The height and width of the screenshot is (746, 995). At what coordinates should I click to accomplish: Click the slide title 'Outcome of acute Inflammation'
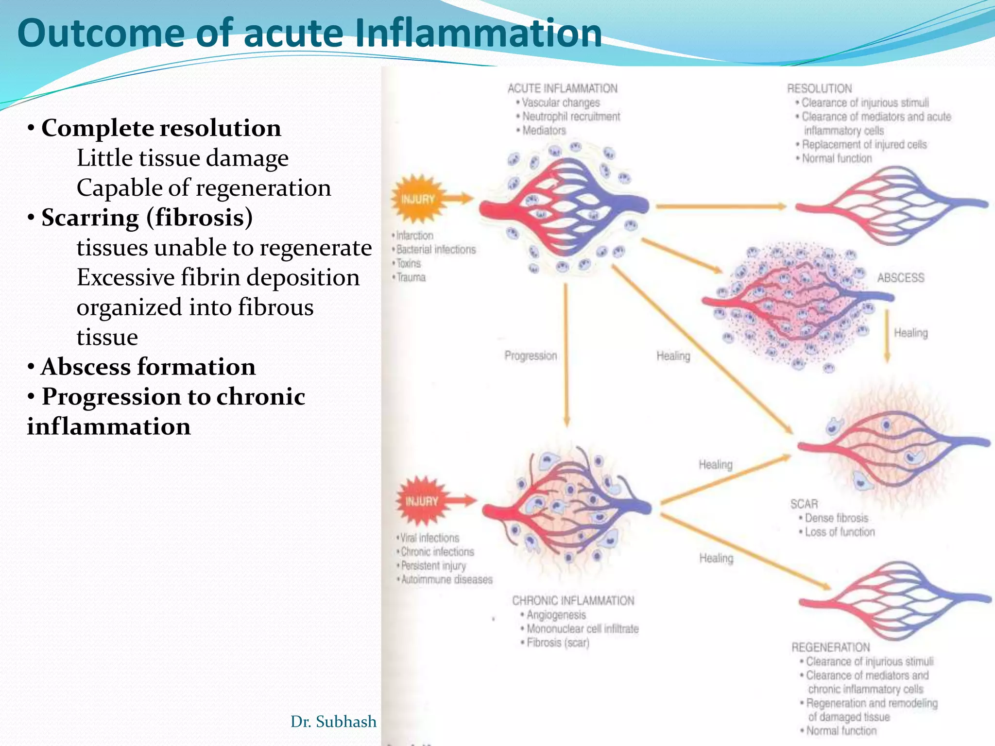(x=309, y=33)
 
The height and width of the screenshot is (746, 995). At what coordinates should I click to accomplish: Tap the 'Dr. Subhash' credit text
(x=333, y=722)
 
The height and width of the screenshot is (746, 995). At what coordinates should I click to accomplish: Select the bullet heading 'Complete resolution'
(x=161, y=128)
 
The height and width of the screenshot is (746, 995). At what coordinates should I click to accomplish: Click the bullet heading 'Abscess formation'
(x=148, y=367)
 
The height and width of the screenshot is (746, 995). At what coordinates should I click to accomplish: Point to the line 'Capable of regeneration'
(x=204, y=188)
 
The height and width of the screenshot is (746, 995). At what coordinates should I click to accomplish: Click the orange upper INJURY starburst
(x=418, y=199)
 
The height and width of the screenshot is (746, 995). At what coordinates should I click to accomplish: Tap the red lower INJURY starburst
(x=422, y=501)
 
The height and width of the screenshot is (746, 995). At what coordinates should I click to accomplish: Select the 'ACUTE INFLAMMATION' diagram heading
(x=562, y=88)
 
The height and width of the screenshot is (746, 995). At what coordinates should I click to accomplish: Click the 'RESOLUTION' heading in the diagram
(x=819, y=88)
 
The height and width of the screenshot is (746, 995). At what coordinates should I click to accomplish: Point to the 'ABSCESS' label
(x=900, y=278)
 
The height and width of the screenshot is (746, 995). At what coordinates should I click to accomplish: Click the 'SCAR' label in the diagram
(x=804, y=504)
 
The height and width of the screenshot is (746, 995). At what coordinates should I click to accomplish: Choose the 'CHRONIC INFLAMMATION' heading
(x=573, y=601)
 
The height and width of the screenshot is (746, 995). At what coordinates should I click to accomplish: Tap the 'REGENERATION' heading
(x=830, y=647)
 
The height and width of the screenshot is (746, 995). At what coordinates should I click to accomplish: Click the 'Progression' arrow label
(x=531, y=356)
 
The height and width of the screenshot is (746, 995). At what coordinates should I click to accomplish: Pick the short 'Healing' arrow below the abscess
(x=887, y=336)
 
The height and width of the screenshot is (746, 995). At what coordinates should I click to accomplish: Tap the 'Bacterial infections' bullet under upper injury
(x=436, y=250)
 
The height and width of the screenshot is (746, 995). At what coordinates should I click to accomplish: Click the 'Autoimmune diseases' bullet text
(x=446, y=579)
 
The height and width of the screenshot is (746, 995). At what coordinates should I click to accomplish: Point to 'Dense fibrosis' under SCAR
(x=836, y=518)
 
